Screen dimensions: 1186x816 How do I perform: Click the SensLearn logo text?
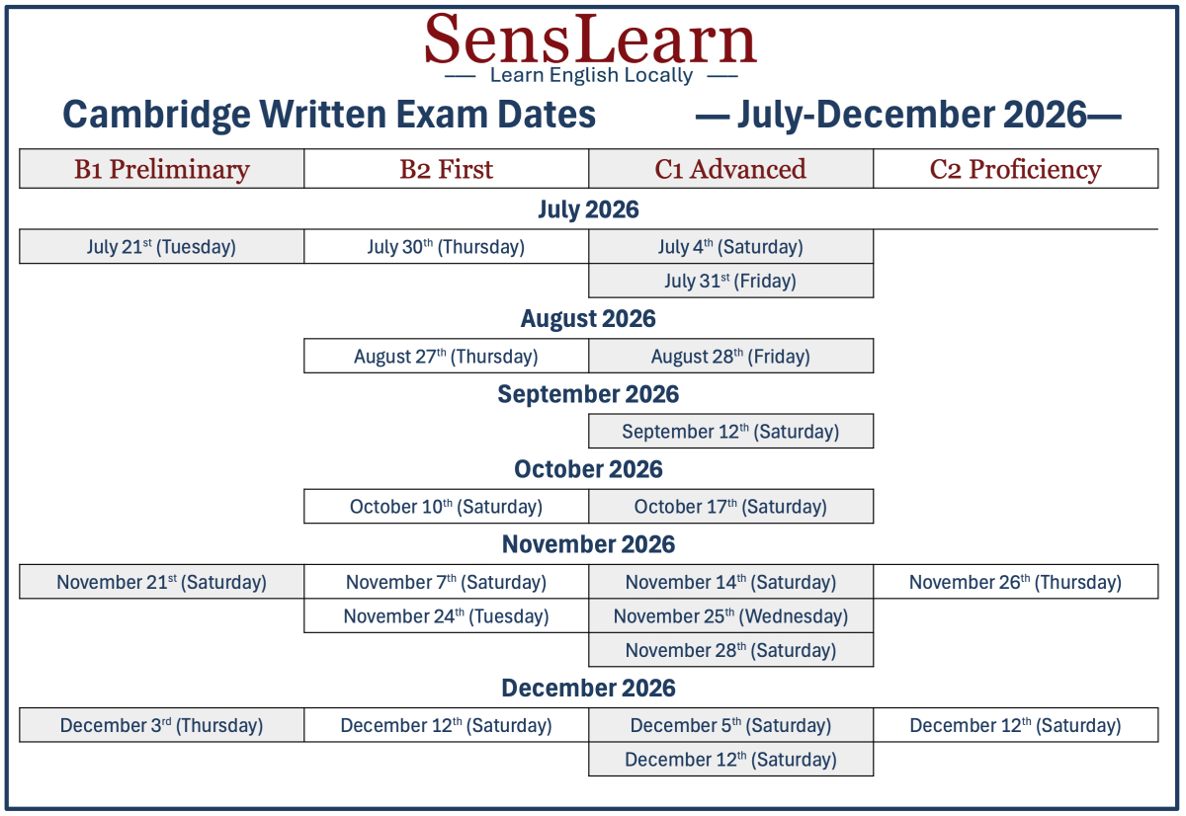(590, 40)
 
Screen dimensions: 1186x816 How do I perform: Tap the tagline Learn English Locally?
(591, 75)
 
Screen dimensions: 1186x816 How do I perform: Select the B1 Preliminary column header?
(161, 169)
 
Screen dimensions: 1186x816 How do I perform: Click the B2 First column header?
(447, 169)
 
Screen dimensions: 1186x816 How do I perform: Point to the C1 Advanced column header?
(730, 169)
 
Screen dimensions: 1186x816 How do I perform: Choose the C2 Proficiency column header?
(1016, 169)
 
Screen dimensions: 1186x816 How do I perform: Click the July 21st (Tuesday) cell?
(161, 247)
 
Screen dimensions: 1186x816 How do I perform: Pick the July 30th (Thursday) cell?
(447, 247)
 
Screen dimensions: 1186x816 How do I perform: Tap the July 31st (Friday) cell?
(730, 281)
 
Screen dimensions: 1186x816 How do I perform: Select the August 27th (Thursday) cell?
(447, 357)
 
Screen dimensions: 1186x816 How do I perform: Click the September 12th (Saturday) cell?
(730, 432)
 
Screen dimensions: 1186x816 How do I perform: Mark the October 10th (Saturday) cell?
(447, 507)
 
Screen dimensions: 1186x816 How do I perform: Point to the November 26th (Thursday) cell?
(1016, 582)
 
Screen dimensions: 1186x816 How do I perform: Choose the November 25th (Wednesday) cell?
(730, 616)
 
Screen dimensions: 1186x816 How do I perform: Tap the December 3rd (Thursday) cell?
(161, 725)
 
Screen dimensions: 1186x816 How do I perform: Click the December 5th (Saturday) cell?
(730, 725)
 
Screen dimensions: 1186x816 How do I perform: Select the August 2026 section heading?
(588, 319)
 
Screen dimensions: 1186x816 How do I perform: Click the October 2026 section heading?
(588, 469)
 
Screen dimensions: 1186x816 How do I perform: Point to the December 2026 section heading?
(588, 688)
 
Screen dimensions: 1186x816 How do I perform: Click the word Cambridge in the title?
(157, 116)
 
